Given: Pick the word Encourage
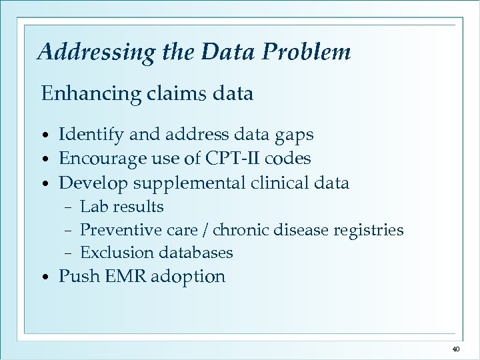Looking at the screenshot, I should (x=98, y=159).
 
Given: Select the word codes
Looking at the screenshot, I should (x=289, y=159).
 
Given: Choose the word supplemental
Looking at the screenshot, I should (x=178, y=183).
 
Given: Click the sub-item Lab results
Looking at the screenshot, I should (x=121, y=207).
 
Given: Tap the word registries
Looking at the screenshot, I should (x=371, y=230).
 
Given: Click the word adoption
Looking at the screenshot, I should (x=188, y=277).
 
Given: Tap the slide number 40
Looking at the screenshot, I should (x=456, y=349).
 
